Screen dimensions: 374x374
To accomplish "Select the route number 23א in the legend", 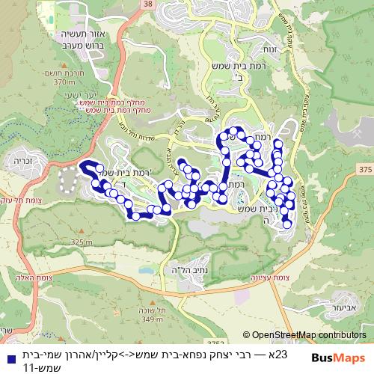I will coord(278,353).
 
